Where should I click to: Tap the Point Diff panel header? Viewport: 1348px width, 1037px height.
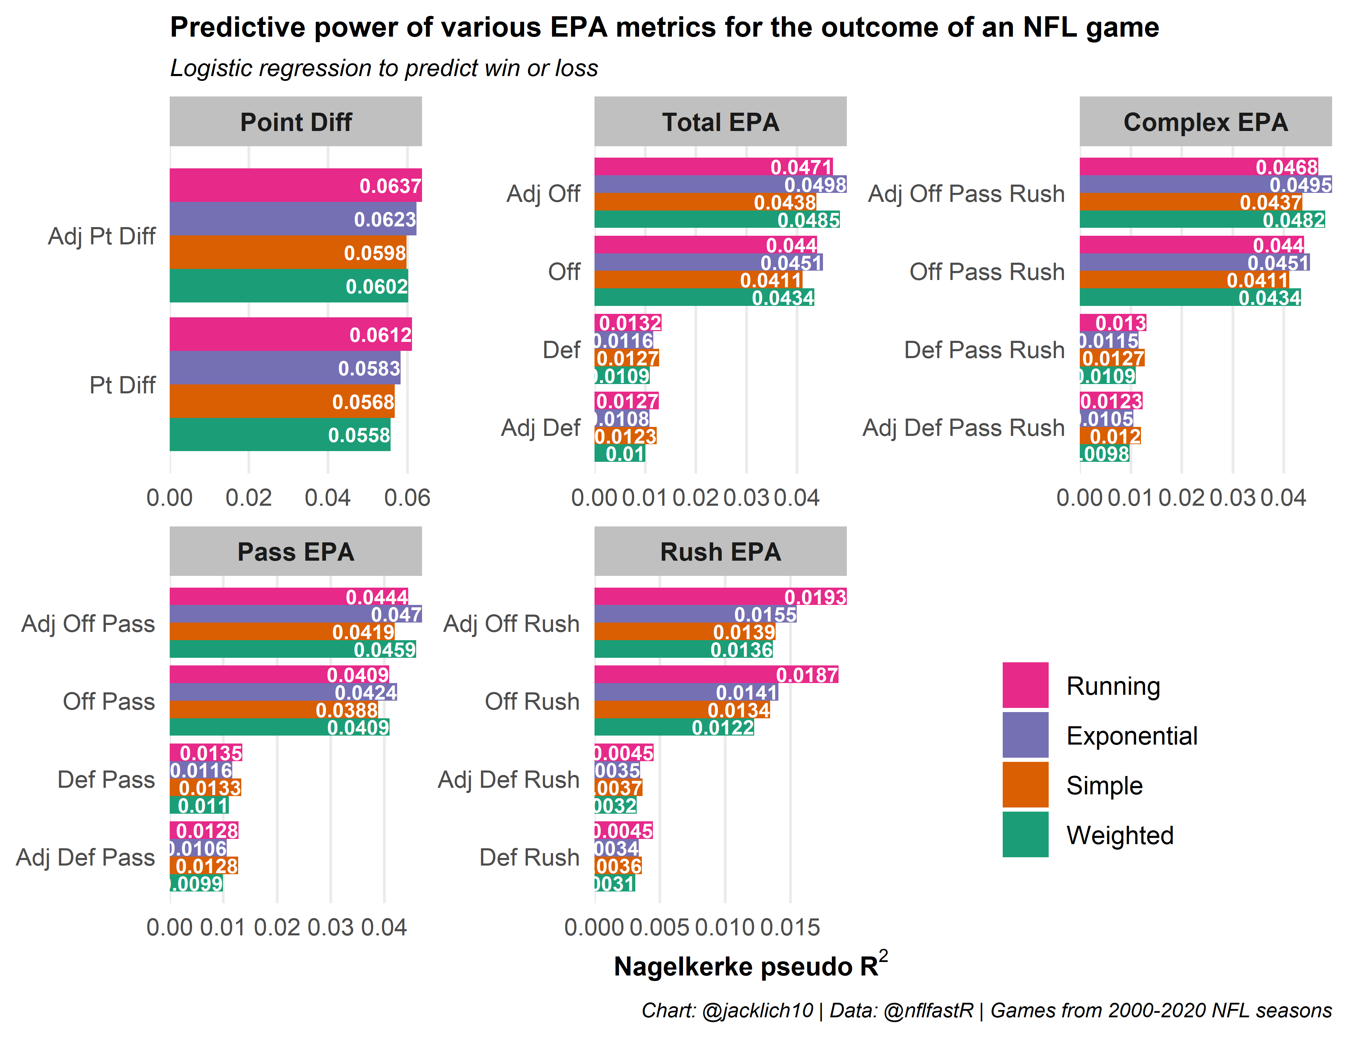296,122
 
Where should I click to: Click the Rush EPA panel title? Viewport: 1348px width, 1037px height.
720,552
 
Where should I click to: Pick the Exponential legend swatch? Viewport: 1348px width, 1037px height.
1025,735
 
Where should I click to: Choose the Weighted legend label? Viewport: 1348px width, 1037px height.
1120,835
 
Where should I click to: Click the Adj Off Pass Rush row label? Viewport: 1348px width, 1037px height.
966,194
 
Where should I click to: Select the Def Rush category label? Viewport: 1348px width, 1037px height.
530,857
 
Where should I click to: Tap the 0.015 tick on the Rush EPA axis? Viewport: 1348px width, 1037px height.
790,928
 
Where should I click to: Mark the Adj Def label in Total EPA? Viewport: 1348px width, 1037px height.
541,427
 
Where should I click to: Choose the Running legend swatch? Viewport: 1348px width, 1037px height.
1025,685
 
